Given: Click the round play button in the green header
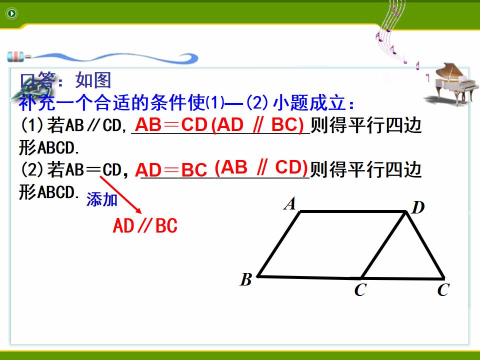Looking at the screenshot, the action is pyautogui.click(x=12, y=13).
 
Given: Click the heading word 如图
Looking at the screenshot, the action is pyautogui.click(x=93, y=80).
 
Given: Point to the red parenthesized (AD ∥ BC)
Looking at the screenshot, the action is pyautogui.click(x=257, y=125).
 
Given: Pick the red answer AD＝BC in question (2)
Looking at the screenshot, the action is pyautogui.click(x=171, y=170).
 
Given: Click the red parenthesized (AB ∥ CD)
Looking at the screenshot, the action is pyautogui.click(x=261, y=167).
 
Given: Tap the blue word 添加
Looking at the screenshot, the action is pyautogui.click(x=102, y=199).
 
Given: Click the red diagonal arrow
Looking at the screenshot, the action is pyautogui.click(x=121, y=194).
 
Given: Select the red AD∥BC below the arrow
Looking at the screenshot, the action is pyautogui.click(x=145, y=225).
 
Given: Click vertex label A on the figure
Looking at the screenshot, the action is pyautogui.click(x=289, y=204).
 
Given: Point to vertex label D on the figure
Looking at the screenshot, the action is pyautogui.click(x=418, y=207).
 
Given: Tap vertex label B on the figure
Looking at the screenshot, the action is pyautogui.click(x=246, y=279).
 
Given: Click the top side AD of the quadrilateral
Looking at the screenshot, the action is pyautogui.click(x=353, y=211).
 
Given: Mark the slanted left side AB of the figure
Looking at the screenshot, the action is pyautogui.click(x=279, y=244).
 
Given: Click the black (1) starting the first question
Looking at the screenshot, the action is pyautogui.click(x=33, y=125).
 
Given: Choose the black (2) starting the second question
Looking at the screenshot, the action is pyautogui.click(x=33, y=170).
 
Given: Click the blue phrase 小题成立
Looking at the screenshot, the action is pyautogui.click(x=309, y=102).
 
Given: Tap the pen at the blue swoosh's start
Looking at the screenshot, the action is pyautogui.click(x=18, y=56).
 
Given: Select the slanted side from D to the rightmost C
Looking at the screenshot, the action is pyautogui.click(x=425, y=245).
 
